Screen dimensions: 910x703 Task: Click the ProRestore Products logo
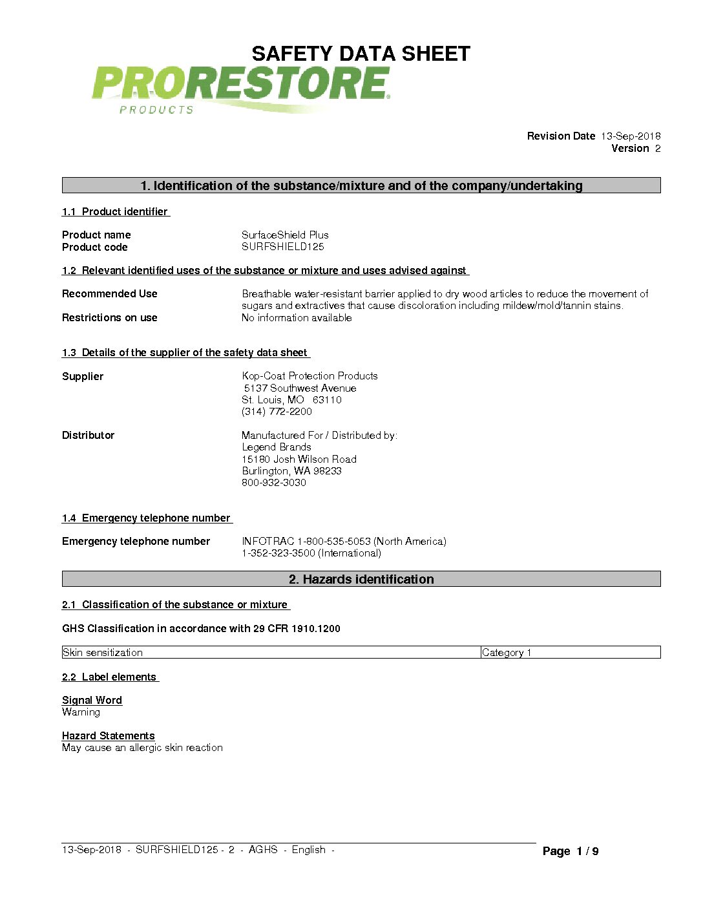click(240, 89)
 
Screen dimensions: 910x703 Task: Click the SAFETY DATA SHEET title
click(361, 54)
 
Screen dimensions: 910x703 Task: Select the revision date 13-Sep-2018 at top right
click(630, 136)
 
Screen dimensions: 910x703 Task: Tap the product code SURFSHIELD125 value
click(282, 247)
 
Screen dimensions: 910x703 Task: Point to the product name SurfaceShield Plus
click(285, 235)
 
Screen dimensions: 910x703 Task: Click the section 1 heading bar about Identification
click(361, 186)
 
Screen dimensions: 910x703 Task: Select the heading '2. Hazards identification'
click(361, 579)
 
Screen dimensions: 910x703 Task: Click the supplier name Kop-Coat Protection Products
click(310, 376)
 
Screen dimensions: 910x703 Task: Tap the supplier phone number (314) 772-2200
click(277, 412)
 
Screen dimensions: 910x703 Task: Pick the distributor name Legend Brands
click(277, 447)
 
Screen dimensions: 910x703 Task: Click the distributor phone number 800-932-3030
click(274, 483)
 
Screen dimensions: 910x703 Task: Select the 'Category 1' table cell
click(507, 653)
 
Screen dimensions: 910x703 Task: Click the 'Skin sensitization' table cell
click(103, 653)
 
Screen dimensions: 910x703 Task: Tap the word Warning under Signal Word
click(81, 712)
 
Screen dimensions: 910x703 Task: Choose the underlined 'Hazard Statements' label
click(108, 736)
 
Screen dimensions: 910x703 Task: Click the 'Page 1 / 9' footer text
click(571, 851)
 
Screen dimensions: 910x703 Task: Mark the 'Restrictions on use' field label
click(110, 318)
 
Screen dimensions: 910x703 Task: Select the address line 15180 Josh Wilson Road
click(299, 460)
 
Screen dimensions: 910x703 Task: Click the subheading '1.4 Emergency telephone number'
click(147, 518)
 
